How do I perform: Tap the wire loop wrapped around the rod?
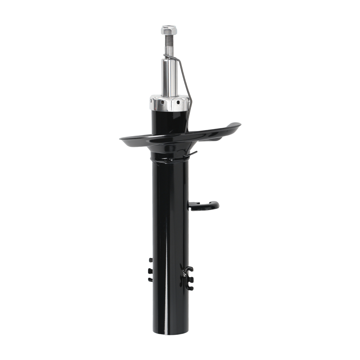[x=168, y=56]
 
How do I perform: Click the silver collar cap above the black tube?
[x=169, y=103]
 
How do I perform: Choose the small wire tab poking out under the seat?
[x=193, y=154]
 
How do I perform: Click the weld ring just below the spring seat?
[x=169, y=158]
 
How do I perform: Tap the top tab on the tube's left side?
[x=150, y=260]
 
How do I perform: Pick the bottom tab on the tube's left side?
[x=150, y=279]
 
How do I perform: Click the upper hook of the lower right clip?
[x=189, y=269]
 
